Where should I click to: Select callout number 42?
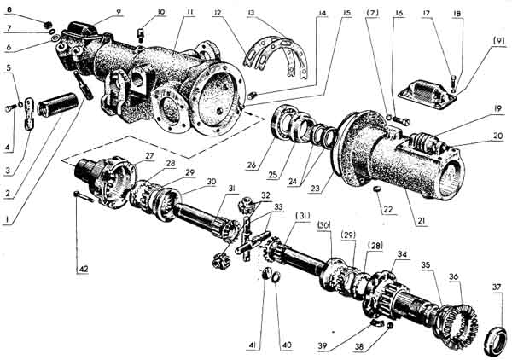[x=83, y=270]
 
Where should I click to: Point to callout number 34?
[x=402, y=255]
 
